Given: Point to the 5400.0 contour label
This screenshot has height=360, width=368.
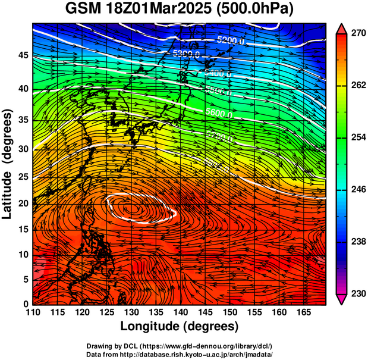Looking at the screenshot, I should coord(218,73).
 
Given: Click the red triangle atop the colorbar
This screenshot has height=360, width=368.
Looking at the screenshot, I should coord(342,29).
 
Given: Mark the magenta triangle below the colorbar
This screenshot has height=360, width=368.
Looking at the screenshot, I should coord(342,299).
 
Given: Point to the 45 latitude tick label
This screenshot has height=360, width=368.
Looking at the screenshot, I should coord(24,55).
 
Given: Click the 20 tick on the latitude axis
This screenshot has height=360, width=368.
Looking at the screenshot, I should coord(24,204).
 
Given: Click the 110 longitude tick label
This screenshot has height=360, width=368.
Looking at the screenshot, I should coord(33,313).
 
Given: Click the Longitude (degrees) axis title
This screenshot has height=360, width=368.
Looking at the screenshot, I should coord(180,327).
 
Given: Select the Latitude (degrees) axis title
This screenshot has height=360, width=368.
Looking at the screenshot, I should coord(8,164).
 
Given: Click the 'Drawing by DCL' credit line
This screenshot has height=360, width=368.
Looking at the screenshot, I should coord(180,346).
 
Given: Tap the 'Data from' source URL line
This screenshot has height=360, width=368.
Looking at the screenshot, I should coord(180,353).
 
